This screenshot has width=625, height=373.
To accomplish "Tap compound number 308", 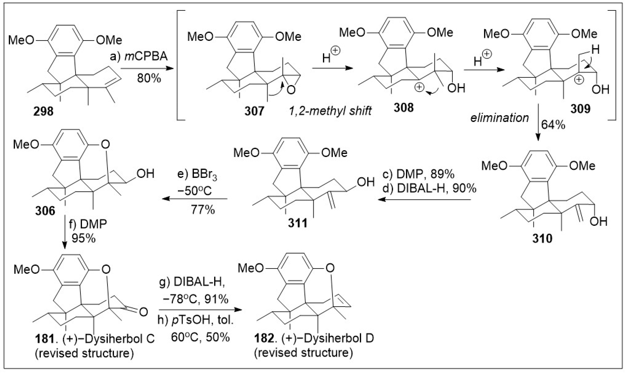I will pyautogui.click(x=404, y=108).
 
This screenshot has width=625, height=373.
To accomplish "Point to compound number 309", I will pyautogui.click(x=580, y=109).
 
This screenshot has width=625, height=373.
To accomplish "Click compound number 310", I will pyautogui.click(x=542, y=238).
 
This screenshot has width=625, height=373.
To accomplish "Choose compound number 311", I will pyautogui.click(x=298, y=223).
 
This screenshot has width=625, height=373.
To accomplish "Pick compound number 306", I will pyautogui.click(x=45, y=211).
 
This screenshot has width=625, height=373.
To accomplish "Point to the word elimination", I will pyautogui.click(x=499, y=118).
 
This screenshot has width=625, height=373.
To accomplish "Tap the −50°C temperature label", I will pyautogui.click(x=195, y=190).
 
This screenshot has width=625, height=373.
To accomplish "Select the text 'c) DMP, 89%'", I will pyautogui.click(x=418, y=174).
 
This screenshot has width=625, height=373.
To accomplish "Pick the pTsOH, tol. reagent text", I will pyautogui.click(x=196, y=320).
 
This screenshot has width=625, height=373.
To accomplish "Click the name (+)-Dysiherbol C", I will pyautogui.click(x=108, y=339).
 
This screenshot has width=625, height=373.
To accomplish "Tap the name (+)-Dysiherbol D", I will pyautogui.click(x=328, y=338).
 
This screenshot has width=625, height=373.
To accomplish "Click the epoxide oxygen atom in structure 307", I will pyautogui.click(x=291, y=89).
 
